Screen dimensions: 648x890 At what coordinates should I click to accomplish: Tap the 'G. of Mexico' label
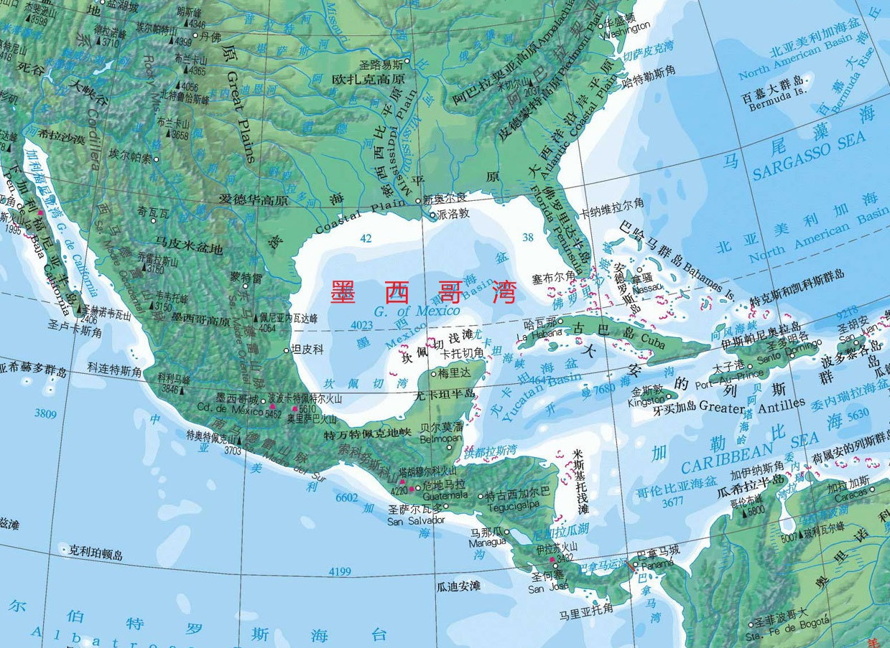click(417, 311)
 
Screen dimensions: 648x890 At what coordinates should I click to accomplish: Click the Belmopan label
click(439, 438)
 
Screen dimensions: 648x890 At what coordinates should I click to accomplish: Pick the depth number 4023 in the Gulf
click(361, 325)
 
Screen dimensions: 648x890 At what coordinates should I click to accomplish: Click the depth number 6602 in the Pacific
click(346, 497)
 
